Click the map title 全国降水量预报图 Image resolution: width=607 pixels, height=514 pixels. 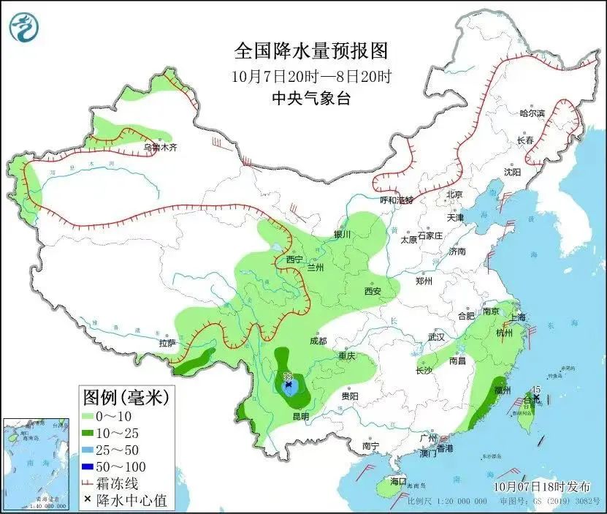(x=311, y=52)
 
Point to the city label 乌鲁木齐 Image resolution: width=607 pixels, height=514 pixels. (x=160, y=147)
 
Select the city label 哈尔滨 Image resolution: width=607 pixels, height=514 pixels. (x=532, y=113)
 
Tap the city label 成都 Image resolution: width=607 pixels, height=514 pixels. (x=318, y=341)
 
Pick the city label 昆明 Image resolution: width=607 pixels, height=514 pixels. (x=300, y=416)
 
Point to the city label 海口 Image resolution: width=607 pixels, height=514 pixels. (x=398, y=482)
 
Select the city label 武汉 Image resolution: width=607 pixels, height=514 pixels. (x=437, y=337)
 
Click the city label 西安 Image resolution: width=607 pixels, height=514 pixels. (x=373, y=291)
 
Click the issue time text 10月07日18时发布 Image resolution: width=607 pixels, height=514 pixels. (x=535, y=485)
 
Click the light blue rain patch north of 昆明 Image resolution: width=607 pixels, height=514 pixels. (x=290, y=385)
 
